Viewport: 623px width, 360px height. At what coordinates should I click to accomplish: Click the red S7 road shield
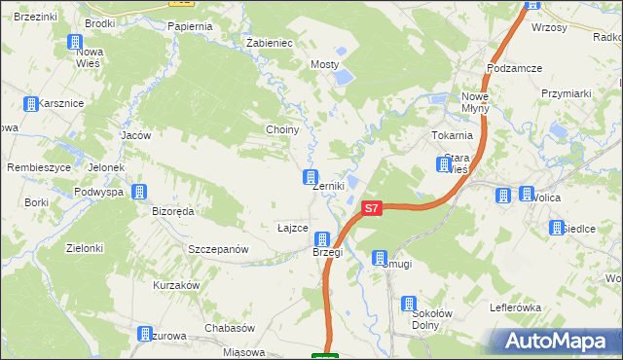(370, 208)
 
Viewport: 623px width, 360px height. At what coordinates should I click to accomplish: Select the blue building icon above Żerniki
(310, 177)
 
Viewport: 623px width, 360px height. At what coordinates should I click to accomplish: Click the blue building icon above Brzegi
(320, 239)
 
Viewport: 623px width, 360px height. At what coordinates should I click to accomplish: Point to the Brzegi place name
(327, 252)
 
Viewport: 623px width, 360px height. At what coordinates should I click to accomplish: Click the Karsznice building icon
(31, 103)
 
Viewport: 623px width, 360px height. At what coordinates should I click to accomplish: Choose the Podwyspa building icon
(139, 192)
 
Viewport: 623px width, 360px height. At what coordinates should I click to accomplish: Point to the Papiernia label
(190, 26)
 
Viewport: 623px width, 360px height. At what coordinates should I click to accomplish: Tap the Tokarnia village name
(451, 135)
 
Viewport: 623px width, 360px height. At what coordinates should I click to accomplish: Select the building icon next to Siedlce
(556, 228)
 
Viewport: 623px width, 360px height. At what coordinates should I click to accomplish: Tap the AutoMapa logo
(560, 341)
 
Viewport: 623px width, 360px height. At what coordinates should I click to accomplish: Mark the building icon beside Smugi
(380, 257)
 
